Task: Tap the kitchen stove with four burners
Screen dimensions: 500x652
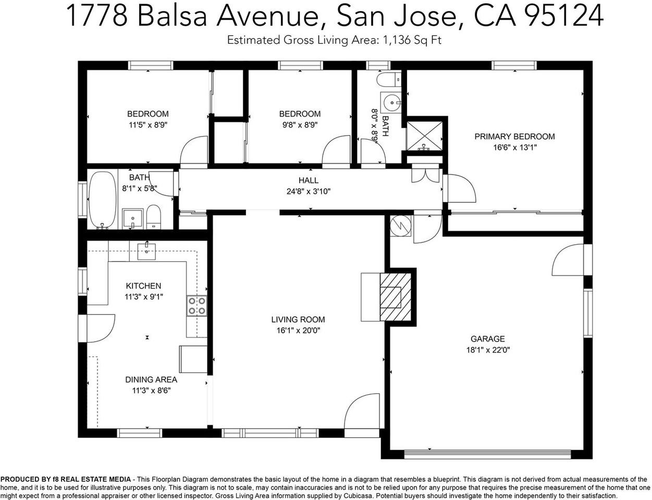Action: [x=196, y=305]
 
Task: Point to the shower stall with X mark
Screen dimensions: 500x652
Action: [x=425, y=134]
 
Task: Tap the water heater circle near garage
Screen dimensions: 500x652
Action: [x=400, y=226]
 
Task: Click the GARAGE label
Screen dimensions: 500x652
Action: [x=487, y=339]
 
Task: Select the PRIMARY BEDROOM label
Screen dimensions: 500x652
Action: [x=514, y=136]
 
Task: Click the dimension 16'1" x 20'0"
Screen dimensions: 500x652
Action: [x=298, y=330]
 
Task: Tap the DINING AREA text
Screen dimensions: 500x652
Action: [x=151, y=380]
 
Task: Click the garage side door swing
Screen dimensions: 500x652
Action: [x=569, y=260]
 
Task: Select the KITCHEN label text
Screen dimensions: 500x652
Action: [x=143, y=286]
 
